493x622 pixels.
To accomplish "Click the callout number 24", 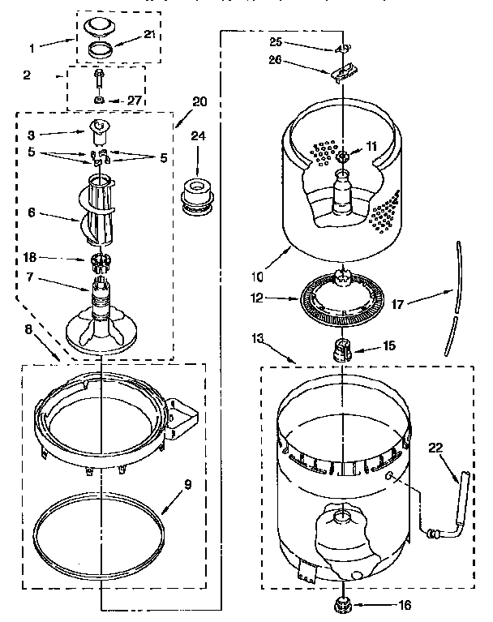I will pyautogui.click(x=197, y=136).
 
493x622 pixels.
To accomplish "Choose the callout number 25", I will pyautogui.click(x=276, y=40).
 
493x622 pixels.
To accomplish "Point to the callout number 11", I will pyautogui.click(x=371, y=146).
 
